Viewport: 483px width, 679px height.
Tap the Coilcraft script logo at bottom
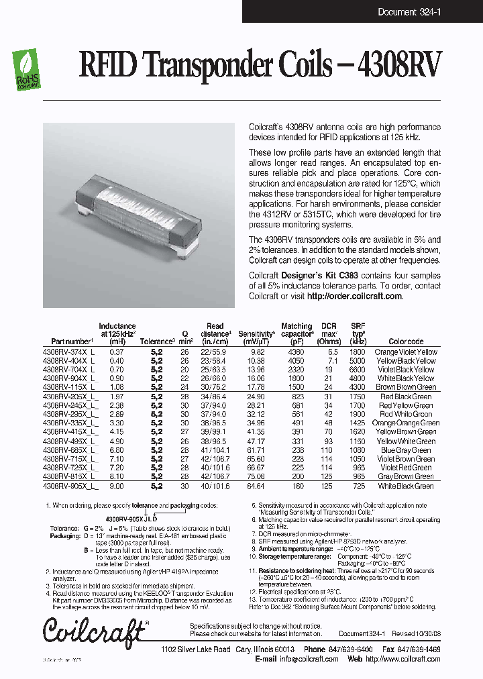click(93, 631)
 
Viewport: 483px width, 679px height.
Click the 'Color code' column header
click(406, 342)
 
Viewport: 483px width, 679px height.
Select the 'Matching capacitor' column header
click(297, 329)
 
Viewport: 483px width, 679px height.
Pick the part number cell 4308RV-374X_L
click(69, 352)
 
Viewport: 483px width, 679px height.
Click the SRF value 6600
click(358, 370)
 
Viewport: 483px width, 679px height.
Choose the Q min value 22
click(185, 378)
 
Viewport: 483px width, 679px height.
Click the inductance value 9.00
click(117, 485)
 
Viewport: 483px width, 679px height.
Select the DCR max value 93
click(328, 441)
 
